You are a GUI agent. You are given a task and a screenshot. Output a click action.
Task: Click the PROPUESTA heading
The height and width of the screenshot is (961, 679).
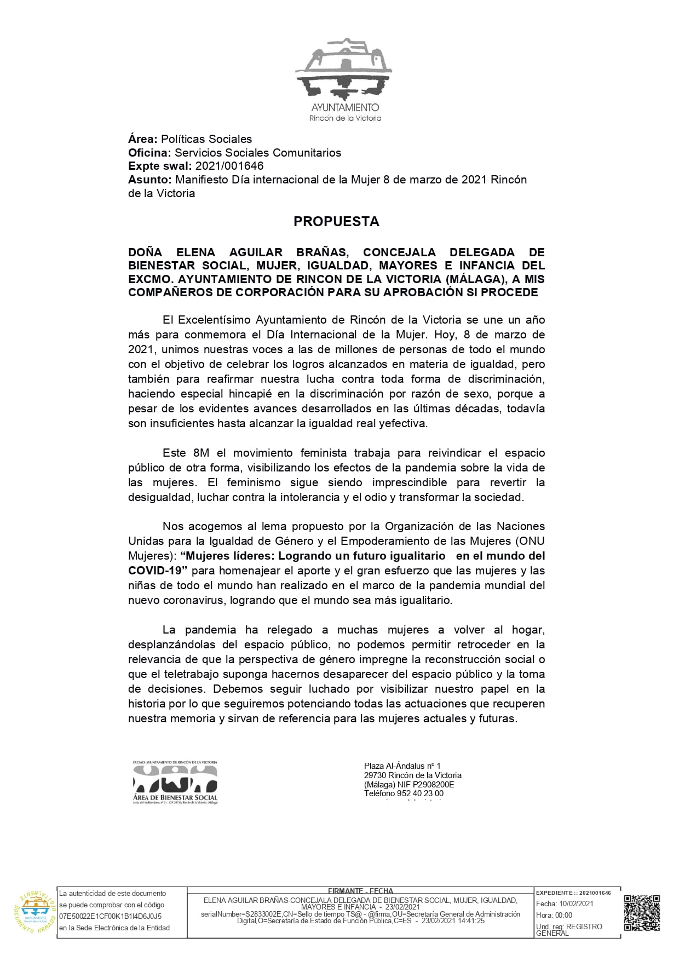click(x=336, y=221)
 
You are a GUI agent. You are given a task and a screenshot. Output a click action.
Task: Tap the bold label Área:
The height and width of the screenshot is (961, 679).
click(x=143, y=139)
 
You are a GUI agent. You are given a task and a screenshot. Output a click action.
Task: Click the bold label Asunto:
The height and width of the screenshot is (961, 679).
click(x=150, y=180)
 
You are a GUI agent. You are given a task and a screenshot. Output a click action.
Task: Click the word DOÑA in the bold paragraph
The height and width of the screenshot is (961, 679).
click(x=145, y=252)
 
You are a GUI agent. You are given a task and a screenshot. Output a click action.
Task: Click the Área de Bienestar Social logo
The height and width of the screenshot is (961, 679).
click(x=175, y=782)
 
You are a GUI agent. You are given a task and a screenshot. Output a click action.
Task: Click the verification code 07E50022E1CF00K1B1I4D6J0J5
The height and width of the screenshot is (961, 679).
click(x=110, y=916)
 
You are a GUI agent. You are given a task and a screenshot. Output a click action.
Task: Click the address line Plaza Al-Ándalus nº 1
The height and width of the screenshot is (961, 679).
click(x=402, y=766)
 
